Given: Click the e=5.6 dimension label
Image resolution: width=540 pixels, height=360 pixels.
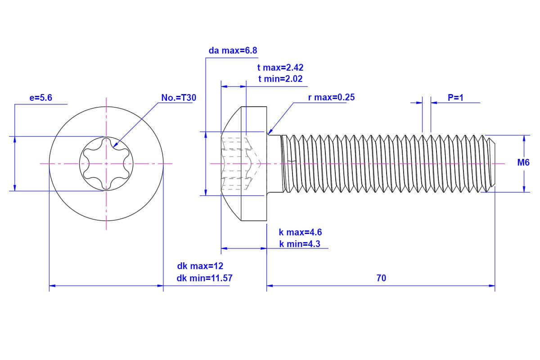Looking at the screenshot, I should pyautogui.click(x=40, y=98).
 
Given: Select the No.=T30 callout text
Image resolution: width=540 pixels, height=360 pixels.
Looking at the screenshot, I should pyautogui.click(x=179, y=98).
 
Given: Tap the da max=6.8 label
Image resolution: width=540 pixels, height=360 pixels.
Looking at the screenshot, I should pyautogui.click(x=233, y=50).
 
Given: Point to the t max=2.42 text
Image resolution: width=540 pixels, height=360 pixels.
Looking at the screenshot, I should pyautogui.click(x=280, y=67).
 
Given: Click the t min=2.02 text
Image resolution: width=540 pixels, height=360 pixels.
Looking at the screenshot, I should pyautogui.click(x=280, y=79).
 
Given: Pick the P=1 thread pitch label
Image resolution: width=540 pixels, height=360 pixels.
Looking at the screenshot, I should pyautogui.click(x=455, y=98).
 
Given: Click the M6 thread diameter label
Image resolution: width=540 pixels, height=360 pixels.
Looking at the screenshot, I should pyautogui.click(x=523, y=163).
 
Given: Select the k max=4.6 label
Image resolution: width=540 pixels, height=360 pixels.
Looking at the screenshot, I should pyautogui.click(x=300, y=233).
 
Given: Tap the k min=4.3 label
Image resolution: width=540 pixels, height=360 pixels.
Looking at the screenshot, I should pyautogui.click(x=300, y=244).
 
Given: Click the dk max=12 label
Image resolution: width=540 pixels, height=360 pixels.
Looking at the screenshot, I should pyautogui.click(x=200, y=266).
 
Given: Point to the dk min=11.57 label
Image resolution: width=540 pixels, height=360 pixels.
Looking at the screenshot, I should pyautogui.click(x=205, y=278).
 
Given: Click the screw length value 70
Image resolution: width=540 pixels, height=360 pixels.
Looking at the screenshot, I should pyautogui.click(x=381, y=278).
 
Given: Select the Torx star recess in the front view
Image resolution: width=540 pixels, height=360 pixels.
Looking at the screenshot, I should pyautogui.click(x=107, y=163).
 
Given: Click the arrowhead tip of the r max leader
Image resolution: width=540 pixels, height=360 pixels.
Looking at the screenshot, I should pyautogui.click(x=268, y=134).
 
